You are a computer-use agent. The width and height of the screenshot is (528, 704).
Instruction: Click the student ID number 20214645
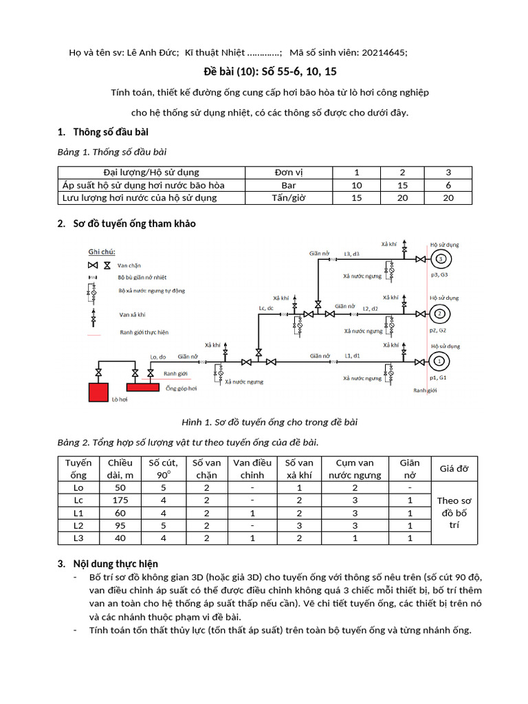[382, 53]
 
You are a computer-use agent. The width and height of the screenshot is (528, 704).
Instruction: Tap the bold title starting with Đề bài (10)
[263, 71]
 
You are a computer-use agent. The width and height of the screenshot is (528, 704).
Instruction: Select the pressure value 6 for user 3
[448, 185]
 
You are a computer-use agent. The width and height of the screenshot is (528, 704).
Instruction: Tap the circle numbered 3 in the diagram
[440, 259]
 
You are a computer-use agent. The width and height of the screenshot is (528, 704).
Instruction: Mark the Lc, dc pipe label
[265, 308]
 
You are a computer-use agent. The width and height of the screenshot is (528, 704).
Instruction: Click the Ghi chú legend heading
[100, 252]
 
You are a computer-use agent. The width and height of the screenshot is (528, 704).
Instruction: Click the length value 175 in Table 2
[120, 500]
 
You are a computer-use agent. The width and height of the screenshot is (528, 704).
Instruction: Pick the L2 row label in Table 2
[78, 525]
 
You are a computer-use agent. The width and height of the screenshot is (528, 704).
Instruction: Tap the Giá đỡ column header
[454, 469]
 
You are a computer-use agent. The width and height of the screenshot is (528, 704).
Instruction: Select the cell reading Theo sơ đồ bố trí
[454, 512]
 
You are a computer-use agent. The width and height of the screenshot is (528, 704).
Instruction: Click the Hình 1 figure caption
[263, 422]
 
